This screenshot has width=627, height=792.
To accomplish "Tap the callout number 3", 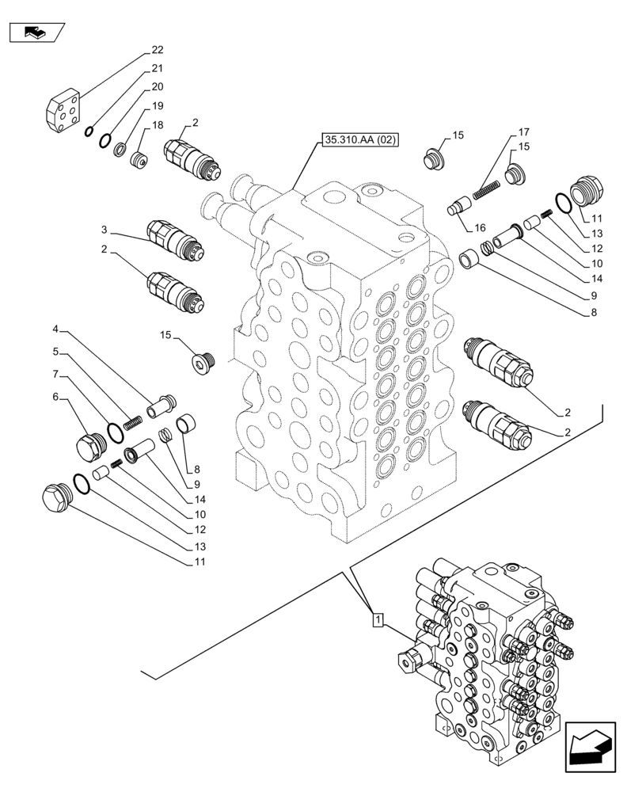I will coord(55,329).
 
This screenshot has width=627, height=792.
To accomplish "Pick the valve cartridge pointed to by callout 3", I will coord(176,242).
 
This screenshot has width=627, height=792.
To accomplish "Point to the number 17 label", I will coord(524,132).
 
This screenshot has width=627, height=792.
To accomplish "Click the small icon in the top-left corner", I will coord(36,32).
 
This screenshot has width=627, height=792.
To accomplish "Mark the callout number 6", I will coord(55,397).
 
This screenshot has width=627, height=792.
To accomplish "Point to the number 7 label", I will coord(55,373).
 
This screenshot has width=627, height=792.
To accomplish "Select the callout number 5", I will coord(55,351).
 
